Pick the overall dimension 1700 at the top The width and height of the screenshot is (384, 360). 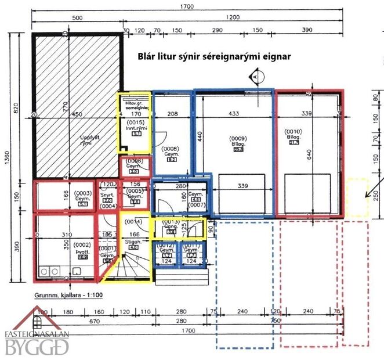(187, 6)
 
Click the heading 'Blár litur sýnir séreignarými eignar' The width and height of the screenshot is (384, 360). (213, 57)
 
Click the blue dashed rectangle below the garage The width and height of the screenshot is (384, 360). (245, 285)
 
